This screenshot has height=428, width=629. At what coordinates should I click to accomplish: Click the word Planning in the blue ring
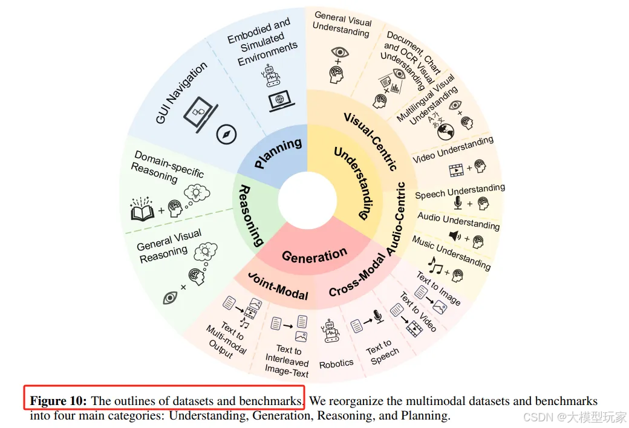(x=278, y=154)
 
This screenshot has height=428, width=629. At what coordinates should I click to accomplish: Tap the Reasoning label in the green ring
(x=249, y=216)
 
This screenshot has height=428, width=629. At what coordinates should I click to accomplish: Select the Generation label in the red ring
(x=314, y=255)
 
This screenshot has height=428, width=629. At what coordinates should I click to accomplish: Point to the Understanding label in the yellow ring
(x=360, y=182)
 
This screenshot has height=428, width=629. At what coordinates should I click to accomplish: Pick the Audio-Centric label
(x=393, y=219)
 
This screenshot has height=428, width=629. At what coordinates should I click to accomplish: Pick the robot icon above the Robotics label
(x=330, y=331)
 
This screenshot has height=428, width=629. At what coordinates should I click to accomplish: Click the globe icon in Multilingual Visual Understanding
(x=446, y=132)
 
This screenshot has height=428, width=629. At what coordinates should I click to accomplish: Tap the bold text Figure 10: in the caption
(x=59, y=401)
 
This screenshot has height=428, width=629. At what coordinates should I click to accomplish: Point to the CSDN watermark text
(x=575, y=417)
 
